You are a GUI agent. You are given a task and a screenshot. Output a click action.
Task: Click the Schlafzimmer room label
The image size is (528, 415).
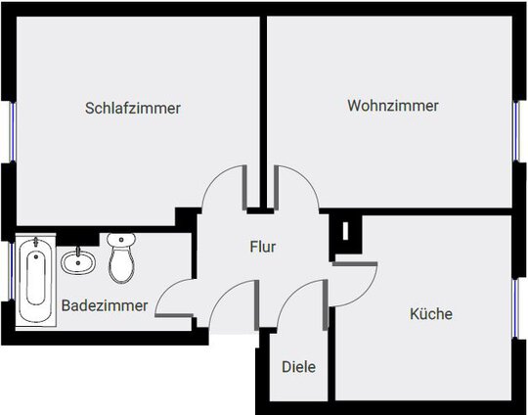(x=133, y=109)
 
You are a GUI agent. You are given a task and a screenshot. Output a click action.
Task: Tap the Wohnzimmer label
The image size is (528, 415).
(x=393, y=106)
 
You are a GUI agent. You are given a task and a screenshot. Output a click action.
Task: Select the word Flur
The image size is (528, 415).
(x=263, y=247)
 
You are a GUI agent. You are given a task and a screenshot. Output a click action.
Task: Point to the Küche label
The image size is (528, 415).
(x=431, y=314)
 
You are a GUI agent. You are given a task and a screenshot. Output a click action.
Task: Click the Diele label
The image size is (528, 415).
(x=298, y=367)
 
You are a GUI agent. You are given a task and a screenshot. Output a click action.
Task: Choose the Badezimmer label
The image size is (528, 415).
(x=105, y=305)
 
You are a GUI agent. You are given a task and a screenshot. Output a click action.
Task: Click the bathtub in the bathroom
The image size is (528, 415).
(x=36, y=281)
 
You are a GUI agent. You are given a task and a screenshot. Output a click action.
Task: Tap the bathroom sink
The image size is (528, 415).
(x=78, y=261)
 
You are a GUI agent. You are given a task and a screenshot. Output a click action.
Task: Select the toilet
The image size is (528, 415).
(x=121, y=257)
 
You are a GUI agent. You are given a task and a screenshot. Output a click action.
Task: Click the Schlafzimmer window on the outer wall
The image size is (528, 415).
(x=12, y=131)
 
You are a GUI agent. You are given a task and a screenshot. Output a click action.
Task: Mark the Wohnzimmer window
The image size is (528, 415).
(x=516, y=131)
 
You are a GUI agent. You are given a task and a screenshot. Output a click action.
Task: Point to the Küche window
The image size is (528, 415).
(x=515, y=308)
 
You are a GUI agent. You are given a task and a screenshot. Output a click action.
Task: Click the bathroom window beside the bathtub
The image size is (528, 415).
(x=12, y=271)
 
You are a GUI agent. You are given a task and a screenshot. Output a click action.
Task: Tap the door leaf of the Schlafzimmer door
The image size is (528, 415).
(x=244, y=188)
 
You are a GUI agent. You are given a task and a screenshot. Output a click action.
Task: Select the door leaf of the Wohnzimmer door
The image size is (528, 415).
(x=276, y=188)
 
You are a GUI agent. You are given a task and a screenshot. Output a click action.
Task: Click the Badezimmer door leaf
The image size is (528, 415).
(x=174, y=315)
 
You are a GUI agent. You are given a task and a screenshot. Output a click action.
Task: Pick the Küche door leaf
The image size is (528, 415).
(x=355, y=264)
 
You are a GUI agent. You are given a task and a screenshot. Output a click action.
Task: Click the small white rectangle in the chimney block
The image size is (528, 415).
(x=345, y=231)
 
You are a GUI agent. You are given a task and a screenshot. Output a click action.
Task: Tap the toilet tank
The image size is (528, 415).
(x=121, y=239)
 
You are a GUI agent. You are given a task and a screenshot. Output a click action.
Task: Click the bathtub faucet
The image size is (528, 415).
(x=36, y=243)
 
